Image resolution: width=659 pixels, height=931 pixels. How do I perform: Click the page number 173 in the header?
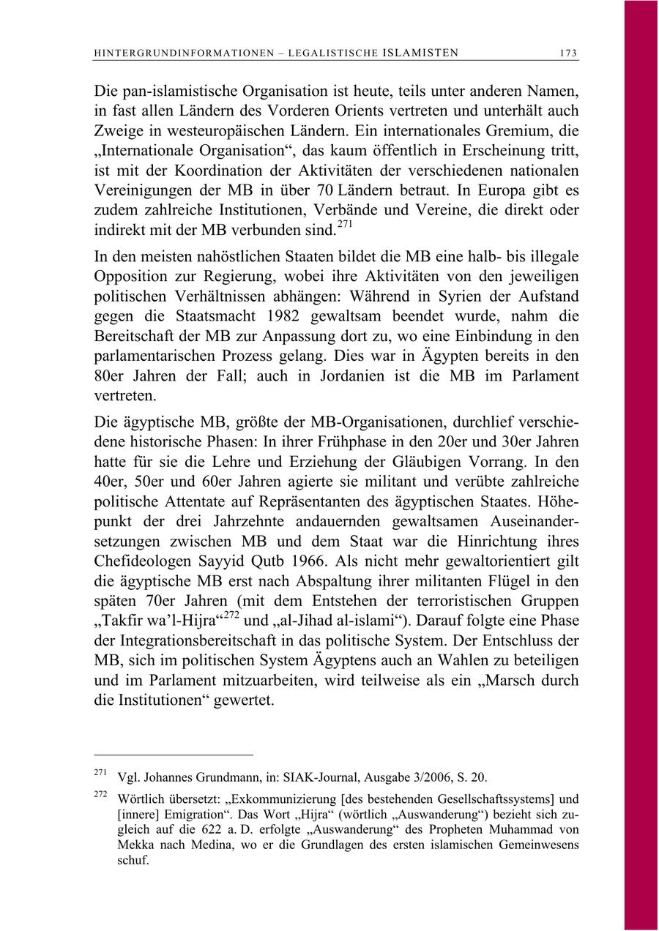(x=568, y=53)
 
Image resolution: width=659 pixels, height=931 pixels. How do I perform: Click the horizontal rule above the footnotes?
(x=173, y=754)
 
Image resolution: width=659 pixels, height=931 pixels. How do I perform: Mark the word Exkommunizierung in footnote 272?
(x=268, y=799)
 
